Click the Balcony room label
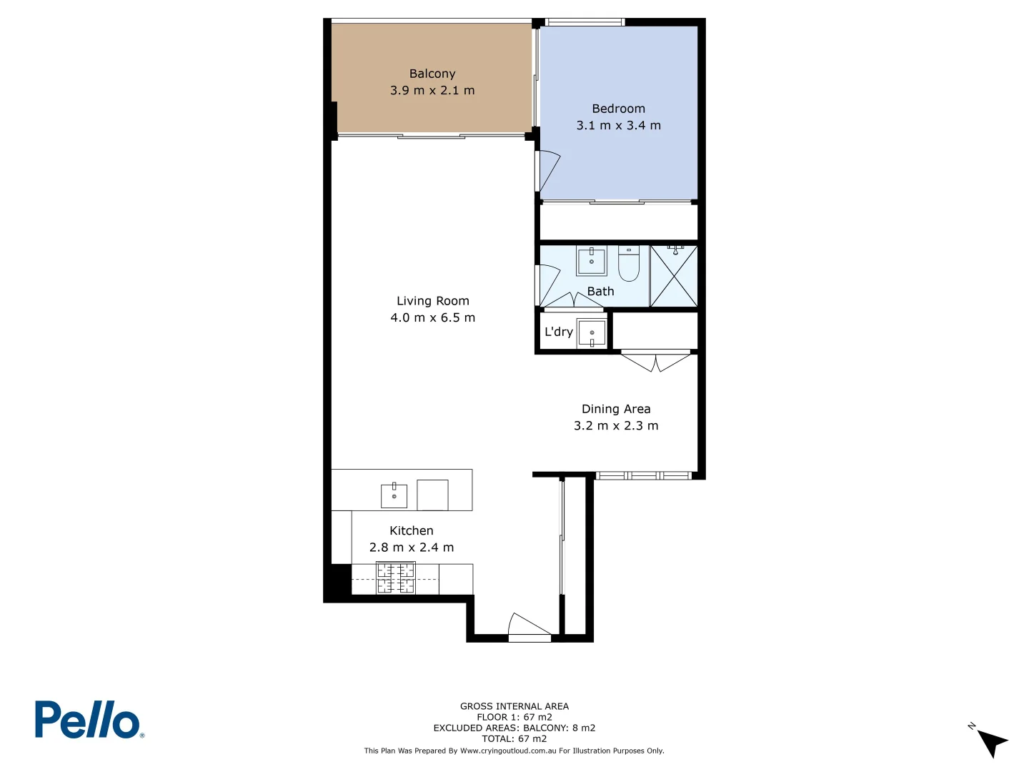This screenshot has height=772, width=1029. click(x=432, y=74)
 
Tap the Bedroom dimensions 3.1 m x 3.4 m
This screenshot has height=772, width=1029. click(x=618, y=125)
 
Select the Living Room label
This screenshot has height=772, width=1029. click(x=432, y=301)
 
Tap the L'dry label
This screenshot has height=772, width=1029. click(x=558, y=332)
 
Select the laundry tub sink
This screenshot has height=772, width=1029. click(x=592, y=333)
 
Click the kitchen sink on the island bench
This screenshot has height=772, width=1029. click(x=394, y=495)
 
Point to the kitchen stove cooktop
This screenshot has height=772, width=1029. click(x=396, y=578)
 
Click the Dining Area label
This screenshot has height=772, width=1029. click(x=616, y=409)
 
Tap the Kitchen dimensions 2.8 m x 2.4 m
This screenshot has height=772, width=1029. click(x=411, y=548)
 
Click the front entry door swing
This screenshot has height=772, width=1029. click(x=527, y=625)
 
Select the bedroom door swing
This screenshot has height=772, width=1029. click(x=548, y=172)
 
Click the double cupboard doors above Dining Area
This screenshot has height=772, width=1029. click(x=656, y=361)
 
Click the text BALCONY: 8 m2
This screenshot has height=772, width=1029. click(x=559, y=728)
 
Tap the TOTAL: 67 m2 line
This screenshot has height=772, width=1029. click(x=514, y=738)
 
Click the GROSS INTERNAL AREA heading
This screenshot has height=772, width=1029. click(x=514, y=706)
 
